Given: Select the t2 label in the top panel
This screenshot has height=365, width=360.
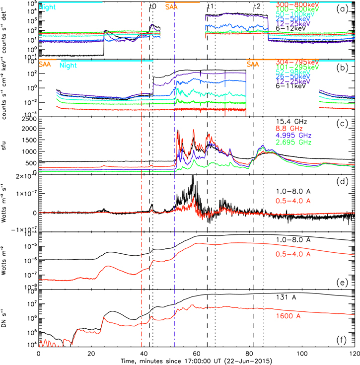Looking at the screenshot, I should [257, 6].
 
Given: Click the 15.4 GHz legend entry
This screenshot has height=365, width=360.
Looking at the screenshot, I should [290, 121].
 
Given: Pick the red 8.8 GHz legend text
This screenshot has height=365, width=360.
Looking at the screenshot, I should [288, 129].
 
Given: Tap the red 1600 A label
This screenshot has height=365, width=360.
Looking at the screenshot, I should [288, 315].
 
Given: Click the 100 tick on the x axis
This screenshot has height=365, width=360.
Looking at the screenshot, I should [301, 353].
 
